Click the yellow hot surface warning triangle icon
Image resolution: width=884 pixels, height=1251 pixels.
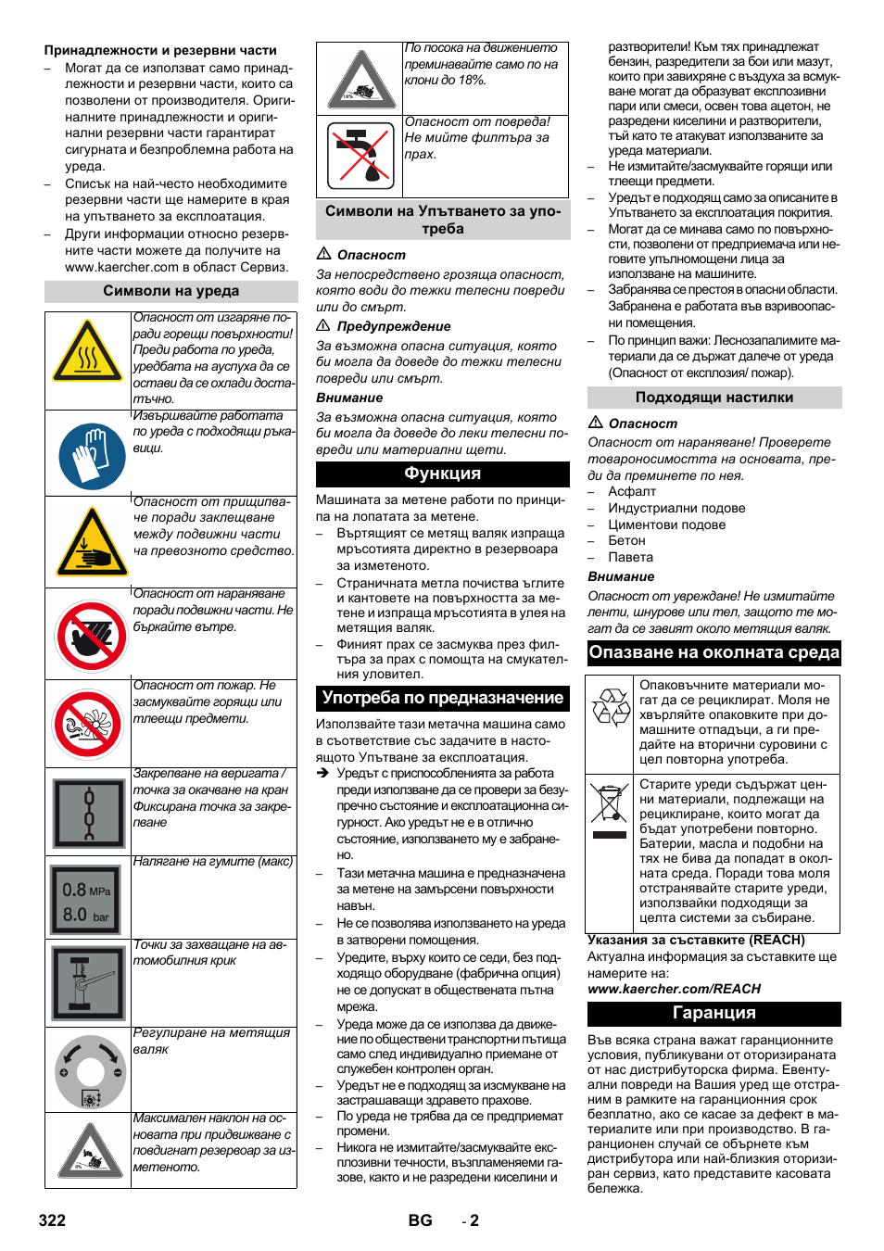tap(87, 353)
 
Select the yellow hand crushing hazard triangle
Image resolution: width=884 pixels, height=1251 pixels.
tap(91, 543)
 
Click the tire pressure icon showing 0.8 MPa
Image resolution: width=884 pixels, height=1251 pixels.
tap(86, 901)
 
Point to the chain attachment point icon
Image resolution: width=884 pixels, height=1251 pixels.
tap(89, 813)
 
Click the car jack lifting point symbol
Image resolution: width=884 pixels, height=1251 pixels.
tap(89, 983)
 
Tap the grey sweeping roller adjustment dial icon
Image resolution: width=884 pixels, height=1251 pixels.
tap(90, 1072)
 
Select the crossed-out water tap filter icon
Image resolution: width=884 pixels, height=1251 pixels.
tap(360, 156)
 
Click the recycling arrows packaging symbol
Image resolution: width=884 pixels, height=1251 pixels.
tap(611, 707)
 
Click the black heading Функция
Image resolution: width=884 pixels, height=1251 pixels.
tap(442, 474)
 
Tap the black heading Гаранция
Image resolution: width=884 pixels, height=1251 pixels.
tap(714, 1014)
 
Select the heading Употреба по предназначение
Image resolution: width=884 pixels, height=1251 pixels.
tap(442, 698)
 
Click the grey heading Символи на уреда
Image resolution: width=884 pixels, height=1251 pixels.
tap(170, 292)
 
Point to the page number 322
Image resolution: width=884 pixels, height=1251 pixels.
tap(52, 1220)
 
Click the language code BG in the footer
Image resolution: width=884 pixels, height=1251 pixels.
tap(420, 1220)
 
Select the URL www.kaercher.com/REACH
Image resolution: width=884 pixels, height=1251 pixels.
tap(674, 989)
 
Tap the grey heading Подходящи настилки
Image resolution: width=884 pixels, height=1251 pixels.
tap(714, 398)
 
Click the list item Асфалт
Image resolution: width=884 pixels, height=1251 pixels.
tap(631, 492)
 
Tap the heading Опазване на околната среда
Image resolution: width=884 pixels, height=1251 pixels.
tap(714, 652)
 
